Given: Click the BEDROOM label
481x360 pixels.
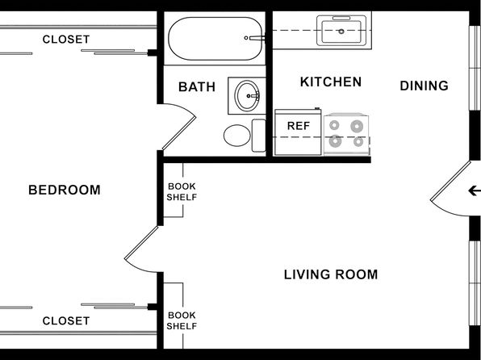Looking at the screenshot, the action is (65, 190).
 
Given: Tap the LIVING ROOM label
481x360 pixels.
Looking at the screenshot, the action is (331, 274).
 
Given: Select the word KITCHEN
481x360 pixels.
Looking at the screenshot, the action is (331, 82).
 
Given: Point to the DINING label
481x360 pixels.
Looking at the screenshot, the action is (424, 86).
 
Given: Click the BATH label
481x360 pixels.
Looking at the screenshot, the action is (197, 87).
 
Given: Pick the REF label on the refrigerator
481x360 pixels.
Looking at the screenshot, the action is (298, 126).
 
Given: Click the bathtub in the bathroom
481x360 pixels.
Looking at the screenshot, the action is (215, 39).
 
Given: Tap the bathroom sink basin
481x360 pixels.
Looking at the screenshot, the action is (247, 96).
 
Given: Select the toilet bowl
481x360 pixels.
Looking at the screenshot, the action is (236, 136).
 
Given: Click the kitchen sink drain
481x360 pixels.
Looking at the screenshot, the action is (341, 31).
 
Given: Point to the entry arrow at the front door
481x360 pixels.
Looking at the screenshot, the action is (475, 190).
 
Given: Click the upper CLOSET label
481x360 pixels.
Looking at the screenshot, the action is (66, 40).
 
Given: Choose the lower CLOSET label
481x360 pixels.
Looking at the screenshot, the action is (66, 321).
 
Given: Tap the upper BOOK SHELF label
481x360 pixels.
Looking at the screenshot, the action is (182, 192).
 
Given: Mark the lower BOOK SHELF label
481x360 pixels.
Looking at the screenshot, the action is (182, 320).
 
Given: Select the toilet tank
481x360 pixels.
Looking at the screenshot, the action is (258, 136).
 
